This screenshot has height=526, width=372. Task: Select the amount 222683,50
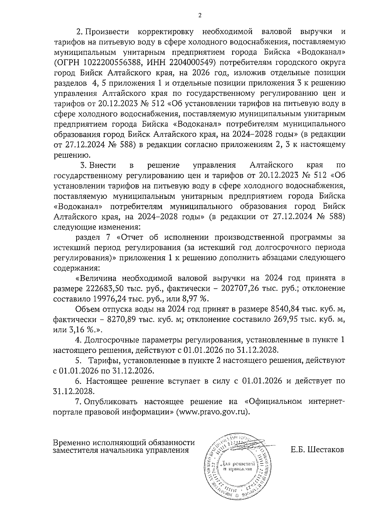[x=104, y=288]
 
